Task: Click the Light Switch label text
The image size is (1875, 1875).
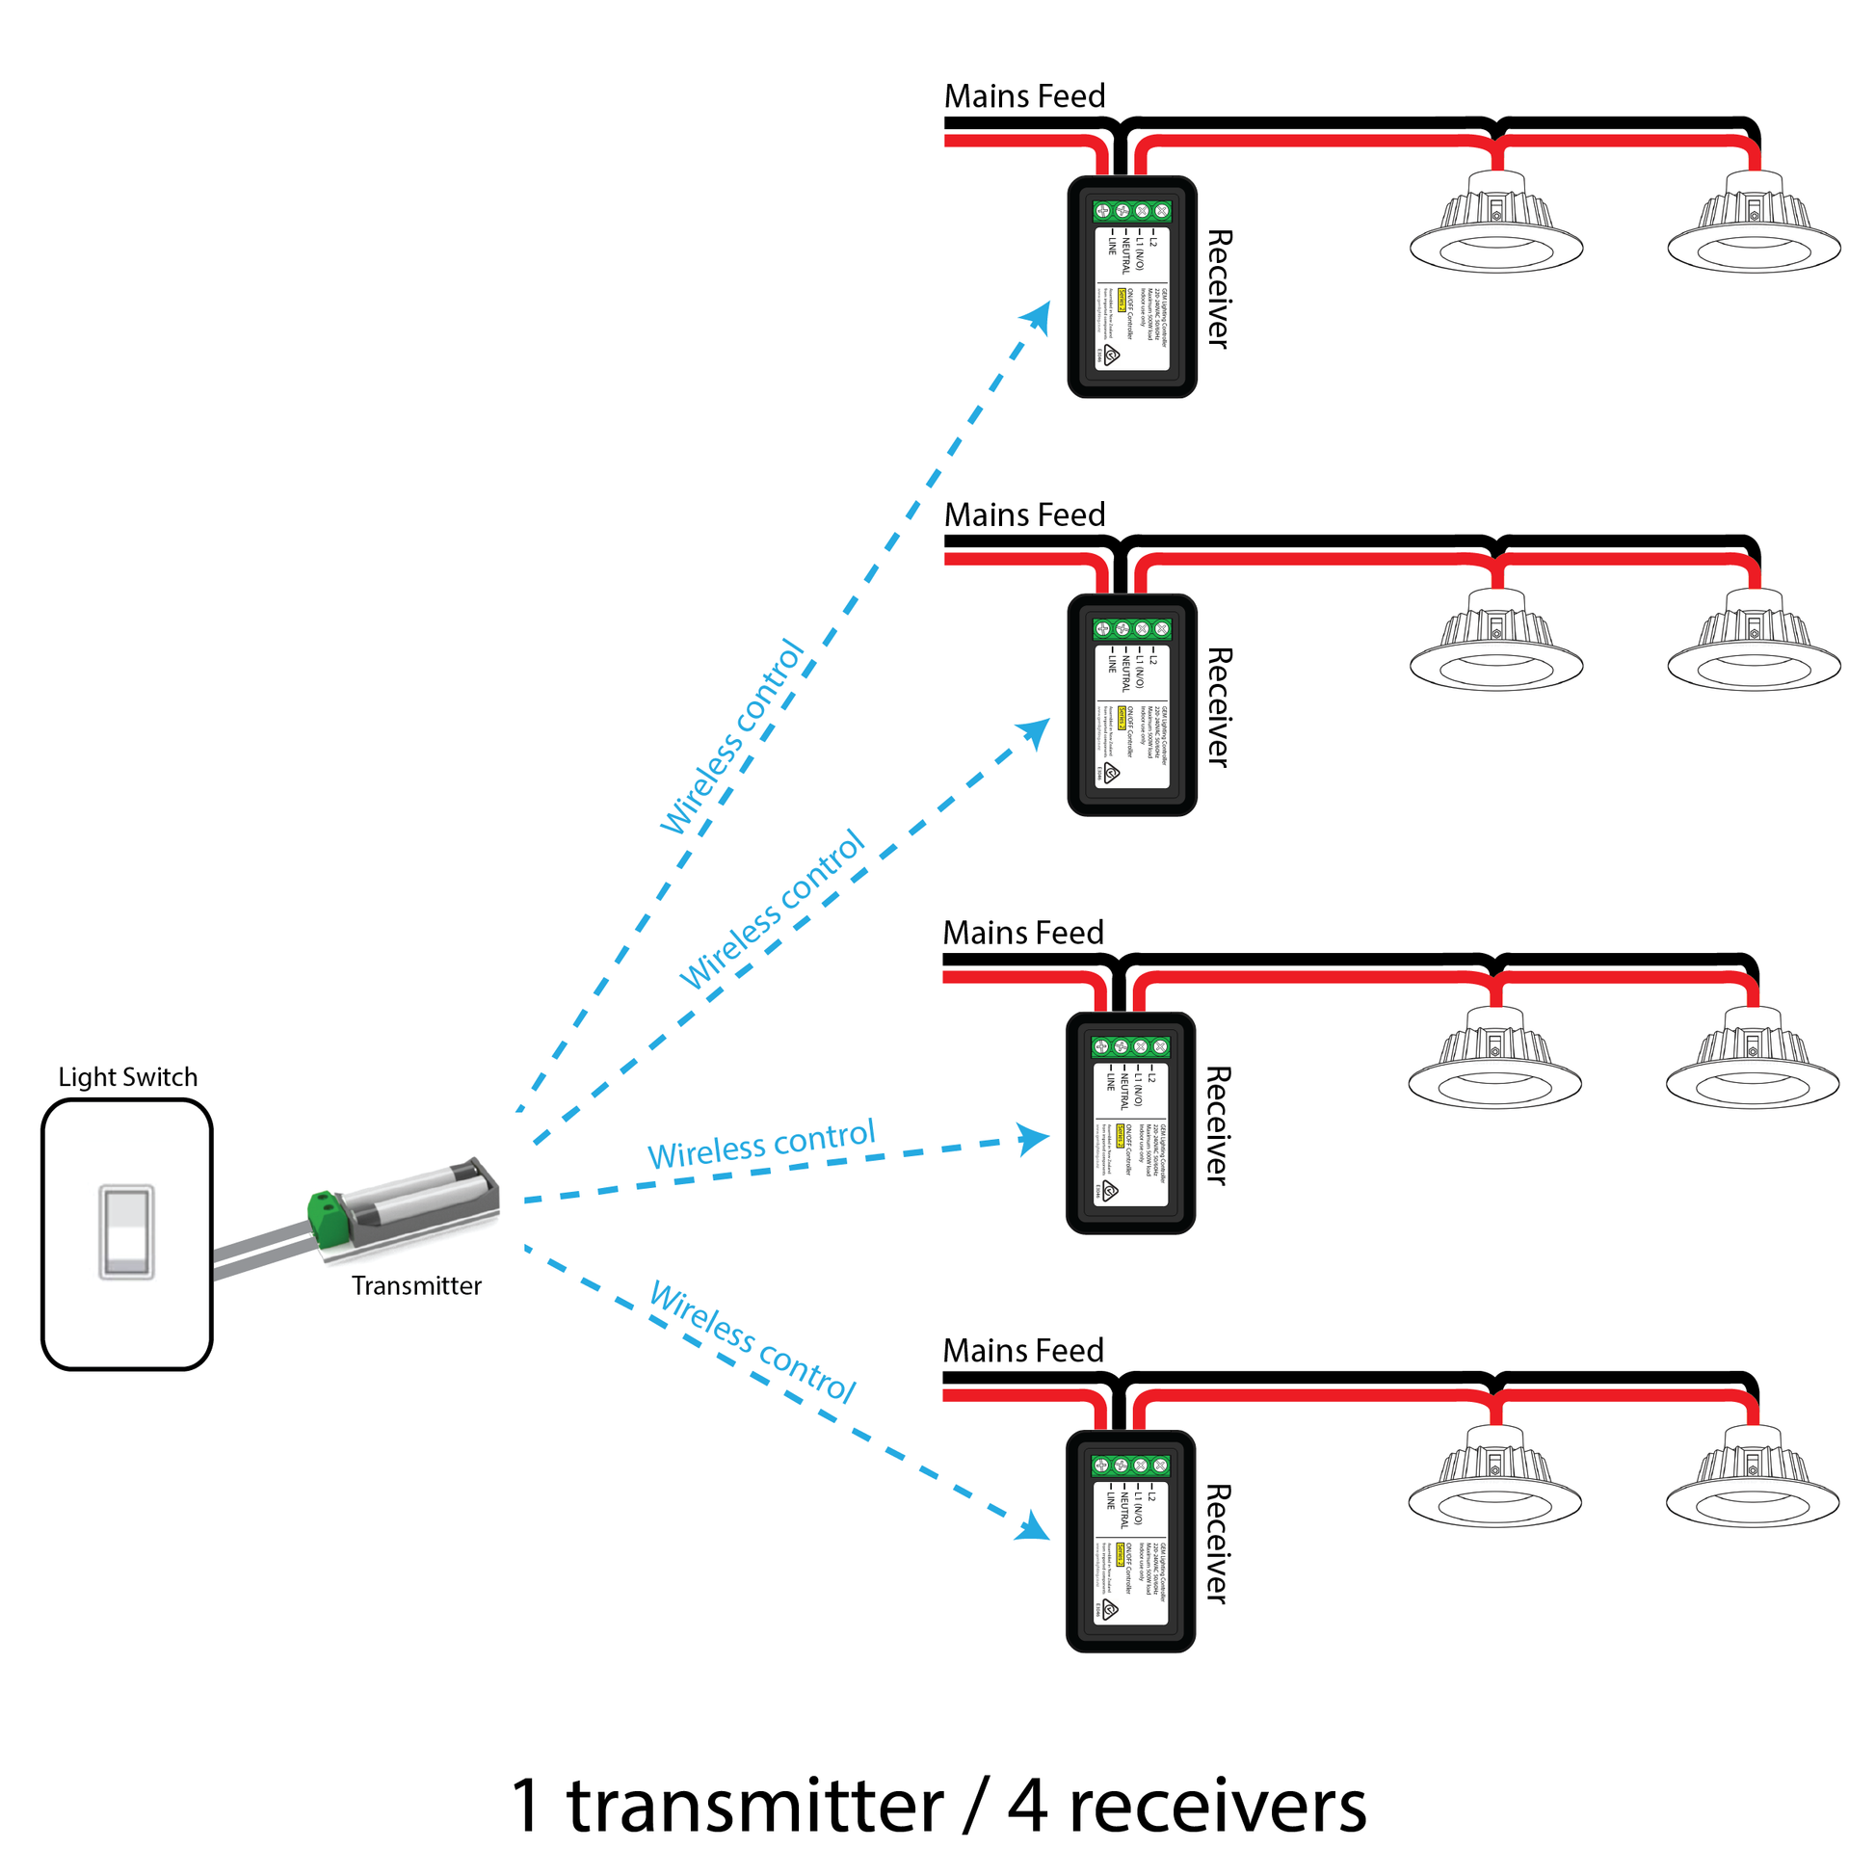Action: tap(127, 1077)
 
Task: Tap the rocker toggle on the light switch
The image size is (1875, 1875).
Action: tap(127, 1230)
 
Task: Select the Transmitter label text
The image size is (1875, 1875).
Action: tap(416, 1286)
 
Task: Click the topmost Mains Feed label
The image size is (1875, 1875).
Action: tap(1025, 96)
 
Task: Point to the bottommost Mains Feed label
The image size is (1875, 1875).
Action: tap(1023, 1350)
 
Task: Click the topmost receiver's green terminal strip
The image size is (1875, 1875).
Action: tap(1131, 211)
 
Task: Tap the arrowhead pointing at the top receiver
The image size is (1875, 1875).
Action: tap(1039, 316)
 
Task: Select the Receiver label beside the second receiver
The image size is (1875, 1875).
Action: tap(1219, 707)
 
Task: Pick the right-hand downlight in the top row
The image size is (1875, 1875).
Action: tap(1754, 225)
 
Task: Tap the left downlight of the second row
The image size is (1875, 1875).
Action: tap(1495, 644)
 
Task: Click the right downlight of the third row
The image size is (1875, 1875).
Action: tap(1752, 1062)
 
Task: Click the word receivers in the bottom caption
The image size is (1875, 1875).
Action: tap(1217, 1807)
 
